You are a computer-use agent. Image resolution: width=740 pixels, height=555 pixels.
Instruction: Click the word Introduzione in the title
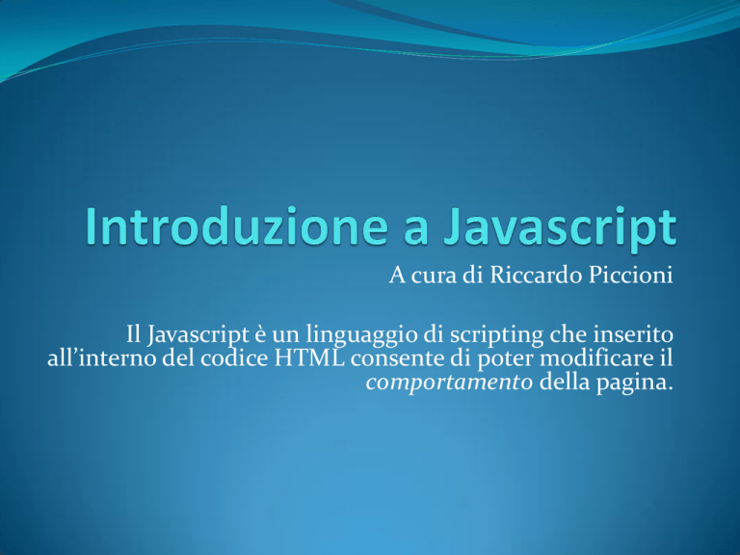(236, 226)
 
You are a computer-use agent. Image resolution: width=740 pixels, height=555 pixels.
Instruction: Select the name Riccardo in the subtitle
(536, 276)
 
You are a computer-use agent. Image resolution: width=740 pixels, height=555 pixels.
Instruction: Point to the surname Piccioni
(630, 276)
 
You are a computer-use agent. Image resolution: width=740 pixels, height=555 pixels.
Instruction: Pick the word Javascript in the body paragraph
(198, 335)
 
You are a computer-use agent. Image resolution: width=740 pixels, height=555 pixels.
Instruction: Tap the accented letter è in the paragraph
(260, 335)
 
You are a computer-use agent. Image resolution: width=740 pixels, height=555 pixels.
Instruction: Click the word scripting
(497, 336)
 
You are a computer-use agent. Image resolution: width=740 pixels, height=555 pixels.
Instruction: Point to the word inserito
(633, 334)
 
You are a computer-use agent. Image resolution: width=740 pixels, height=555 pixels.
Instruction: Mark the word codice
(234, 358)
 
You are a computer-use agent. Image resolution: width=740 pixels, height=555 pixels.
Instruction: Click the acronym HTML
(309, 358)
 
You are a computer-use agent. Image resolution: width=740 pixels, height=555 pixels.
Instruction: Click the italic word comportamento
(449, 383)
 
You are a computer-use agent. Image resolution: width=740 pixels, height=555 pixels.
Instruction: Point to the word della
(565, 382)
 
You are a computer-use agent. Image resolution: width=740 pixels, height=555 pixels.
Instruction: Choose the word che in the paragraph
(568, 334)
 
